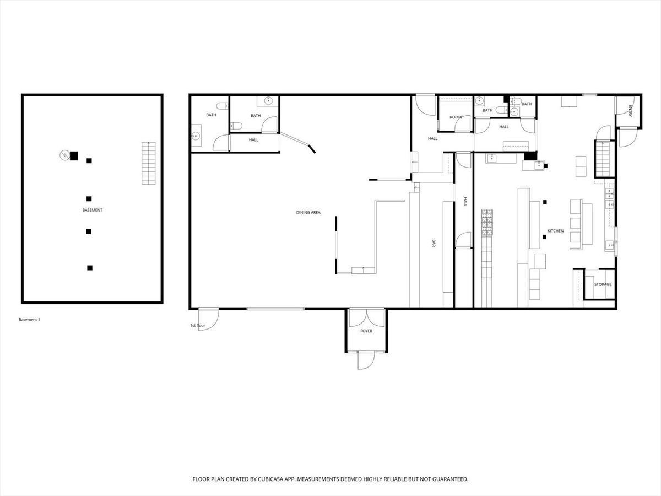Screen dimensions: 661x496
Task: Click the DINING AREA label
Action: (x=308, y=212)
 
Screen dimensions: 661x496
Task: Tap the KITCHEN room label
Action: (x=555, y=231)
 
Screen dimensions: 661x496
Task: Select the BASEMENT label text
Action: (x=92, y=210)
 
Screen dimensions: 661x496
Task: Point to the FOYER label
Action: (x=366, y=331)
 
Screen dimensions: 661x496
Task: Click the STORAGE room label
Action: (x=603, y=284)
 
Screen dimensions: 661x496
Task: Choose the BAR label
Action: (x=434, y=244)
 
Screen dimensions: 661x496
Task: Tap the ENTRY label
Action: (x=630, y=111)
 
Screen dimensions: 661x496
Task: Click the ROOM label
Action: (x=456, y=117)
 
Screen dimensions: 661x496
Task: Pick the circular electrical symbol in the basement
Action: (x=64, y=155)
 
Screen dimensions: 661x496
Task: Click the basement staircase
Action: (x=149, y=163)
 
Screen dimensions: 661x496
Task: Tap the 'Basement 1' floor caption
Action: (x=29, y=320)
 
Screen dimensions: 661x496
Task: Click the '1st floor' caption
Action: (x=198, y=326)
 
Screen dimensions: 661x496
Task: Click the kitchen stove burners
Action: (x=487, y=222)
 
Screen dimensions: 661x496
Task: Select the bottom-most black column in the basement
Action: (x=90, y=268)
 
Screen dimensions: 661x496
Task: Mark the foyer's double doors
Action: (x=366, y=318)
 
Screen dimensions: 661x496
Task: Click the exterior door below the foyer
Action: (x=366, y=361)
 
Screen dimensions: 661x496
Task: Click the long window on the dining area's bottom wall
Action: (x=275, y=309)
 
